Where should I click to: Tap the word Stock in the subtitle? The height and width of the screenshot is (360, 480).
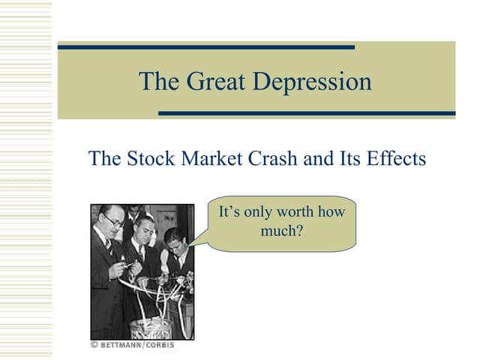(x=154, y=159)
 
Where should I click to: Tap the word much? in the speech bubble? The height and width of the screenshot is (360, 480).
(x=281, y=231)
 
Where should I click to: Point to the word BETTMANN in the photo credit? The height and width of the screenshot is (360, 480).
(x=125, y=345)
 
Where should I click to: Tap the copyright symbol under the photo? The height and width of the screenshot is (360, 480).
(x=94, y=345)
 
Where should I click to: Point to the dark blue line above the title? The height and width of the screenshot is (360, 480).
(x=205, y=47)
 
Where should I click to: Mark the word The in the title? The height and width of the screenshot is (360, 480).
(x=155, y=81)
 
